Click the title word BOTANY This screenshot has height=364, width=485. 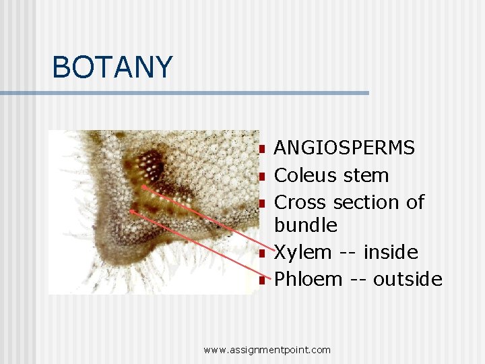click(x=112, y=67)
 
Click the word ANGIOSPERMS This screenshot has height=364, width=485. click(x=344, y=148)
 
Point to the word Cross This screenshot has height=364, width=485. click(x=302, y=202)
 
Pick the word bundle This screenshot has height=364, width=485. click(x=306, y=225)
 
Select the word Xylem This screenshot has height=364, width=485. click(x=303, y=253)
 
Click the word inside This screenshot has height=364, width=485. click(x=391, y=253)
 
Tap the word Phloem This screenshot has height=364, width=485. click(x=309, y=279)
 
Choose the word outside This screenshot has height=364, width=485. click(x=408, y=279)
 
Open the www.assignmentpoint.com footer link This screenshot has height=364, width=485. click(x=267, y=349)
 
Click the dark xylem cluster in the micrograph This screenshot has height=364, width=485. click(x=150, y=164)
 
